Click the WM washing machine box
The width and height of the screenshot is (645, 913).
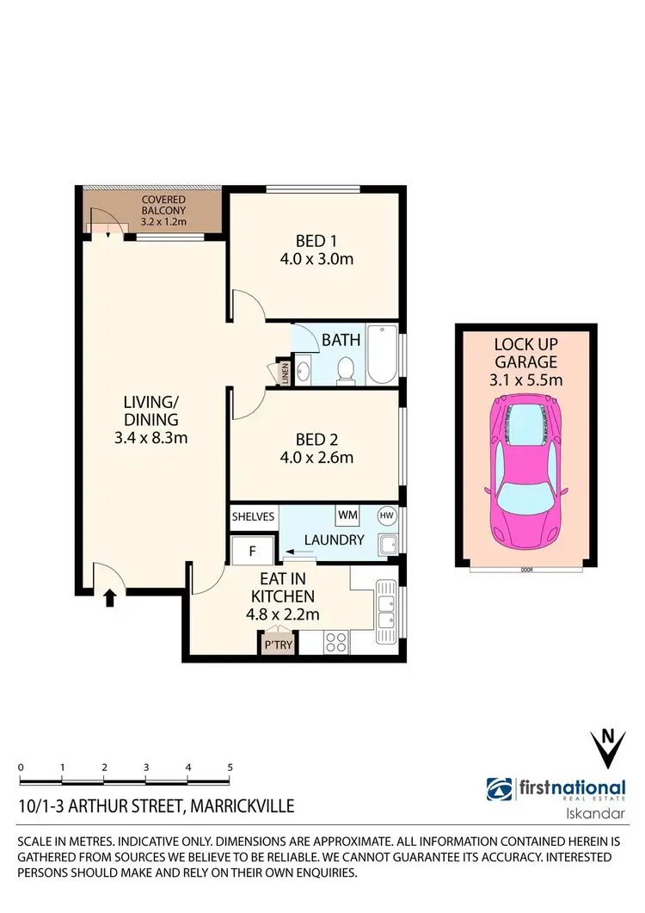click(x=347, y=515)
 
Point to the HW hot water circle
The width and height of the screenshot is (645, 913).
click(x=386, y=515)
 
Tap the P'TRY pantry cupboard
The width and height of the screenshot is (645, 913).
click(x=277, y=644)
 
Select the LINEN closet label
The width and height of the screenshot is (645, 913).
click(x=285, y=374)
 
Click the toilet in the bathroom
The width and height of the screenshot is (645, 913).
click(x=346, y=369)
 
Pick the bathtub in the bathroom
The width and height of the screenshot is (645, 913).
click(x=381, y=355)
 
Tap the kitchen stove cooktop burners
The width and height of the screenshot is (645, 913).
click(x=335, y=642)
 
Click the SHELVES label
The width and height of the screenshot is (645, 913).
click(x=254, y=516)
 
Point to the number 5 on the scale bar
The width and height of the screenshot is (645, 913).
click(x=230, y=766)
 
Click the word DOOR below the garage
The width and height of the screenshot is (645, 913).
click(x=525, y=570)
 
